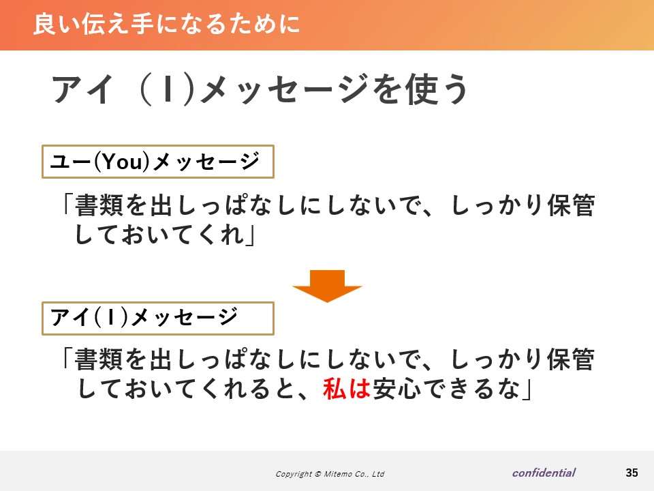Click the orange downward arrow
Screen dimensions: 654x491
click(328, 286)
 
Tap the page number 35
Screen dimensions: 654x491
click(632, 473)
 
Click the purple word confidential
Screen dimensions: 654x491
click(544, 473)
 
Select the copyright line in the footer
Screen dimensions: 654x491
click(330, 474)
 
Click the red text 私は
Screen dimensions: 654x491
click(347, 388)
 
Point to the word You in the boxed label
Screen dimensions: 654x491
click(122, 162)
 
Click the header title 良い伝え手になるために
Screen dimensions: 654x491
click(166, 24)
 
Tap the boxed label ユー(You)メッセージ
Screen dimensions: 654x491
click(157, 162)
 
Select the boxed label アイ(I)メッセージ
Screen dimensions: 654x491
click(157, 318)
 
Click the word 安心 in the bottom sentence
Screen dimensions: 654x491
click(396, 389)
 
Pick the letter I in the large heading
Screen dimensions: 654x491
click(168, 89)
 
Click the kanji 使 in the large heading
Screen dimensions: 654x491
click(422, 89)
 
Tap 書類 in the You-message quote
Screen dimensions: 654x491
click(99, 205)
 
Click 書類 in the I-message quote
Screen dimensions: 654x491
click(99, 359)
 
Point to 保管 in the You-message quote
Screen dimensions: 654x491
click(571, 205)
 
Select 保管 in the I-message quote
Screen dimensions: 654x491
click(571, 359)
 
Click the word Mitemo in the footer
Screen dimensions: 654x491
click(337, 474)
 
